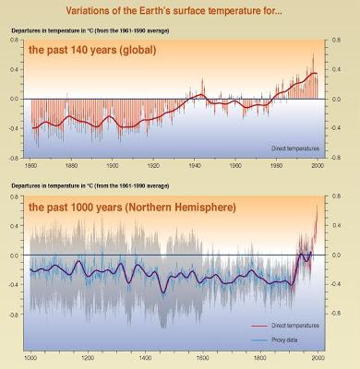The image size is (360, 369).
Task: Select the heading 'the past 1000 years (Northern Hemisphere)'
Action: coord(132,208)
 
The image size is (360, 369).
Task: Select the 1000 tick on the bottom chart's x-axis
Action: coord(32,357)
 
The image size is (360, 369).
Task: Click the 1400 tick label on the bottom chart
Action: coord(147,357)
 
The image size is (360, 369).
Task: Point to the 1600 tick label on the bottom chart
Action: coord(204,357)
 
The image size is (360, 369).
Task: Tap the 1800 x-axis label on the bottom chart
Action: coord(261,357)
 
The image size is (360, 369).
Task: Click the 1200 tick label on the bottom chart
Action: coord(90,357)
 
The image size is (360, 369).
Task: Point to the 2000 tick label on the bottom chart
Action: coord(318,357)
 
